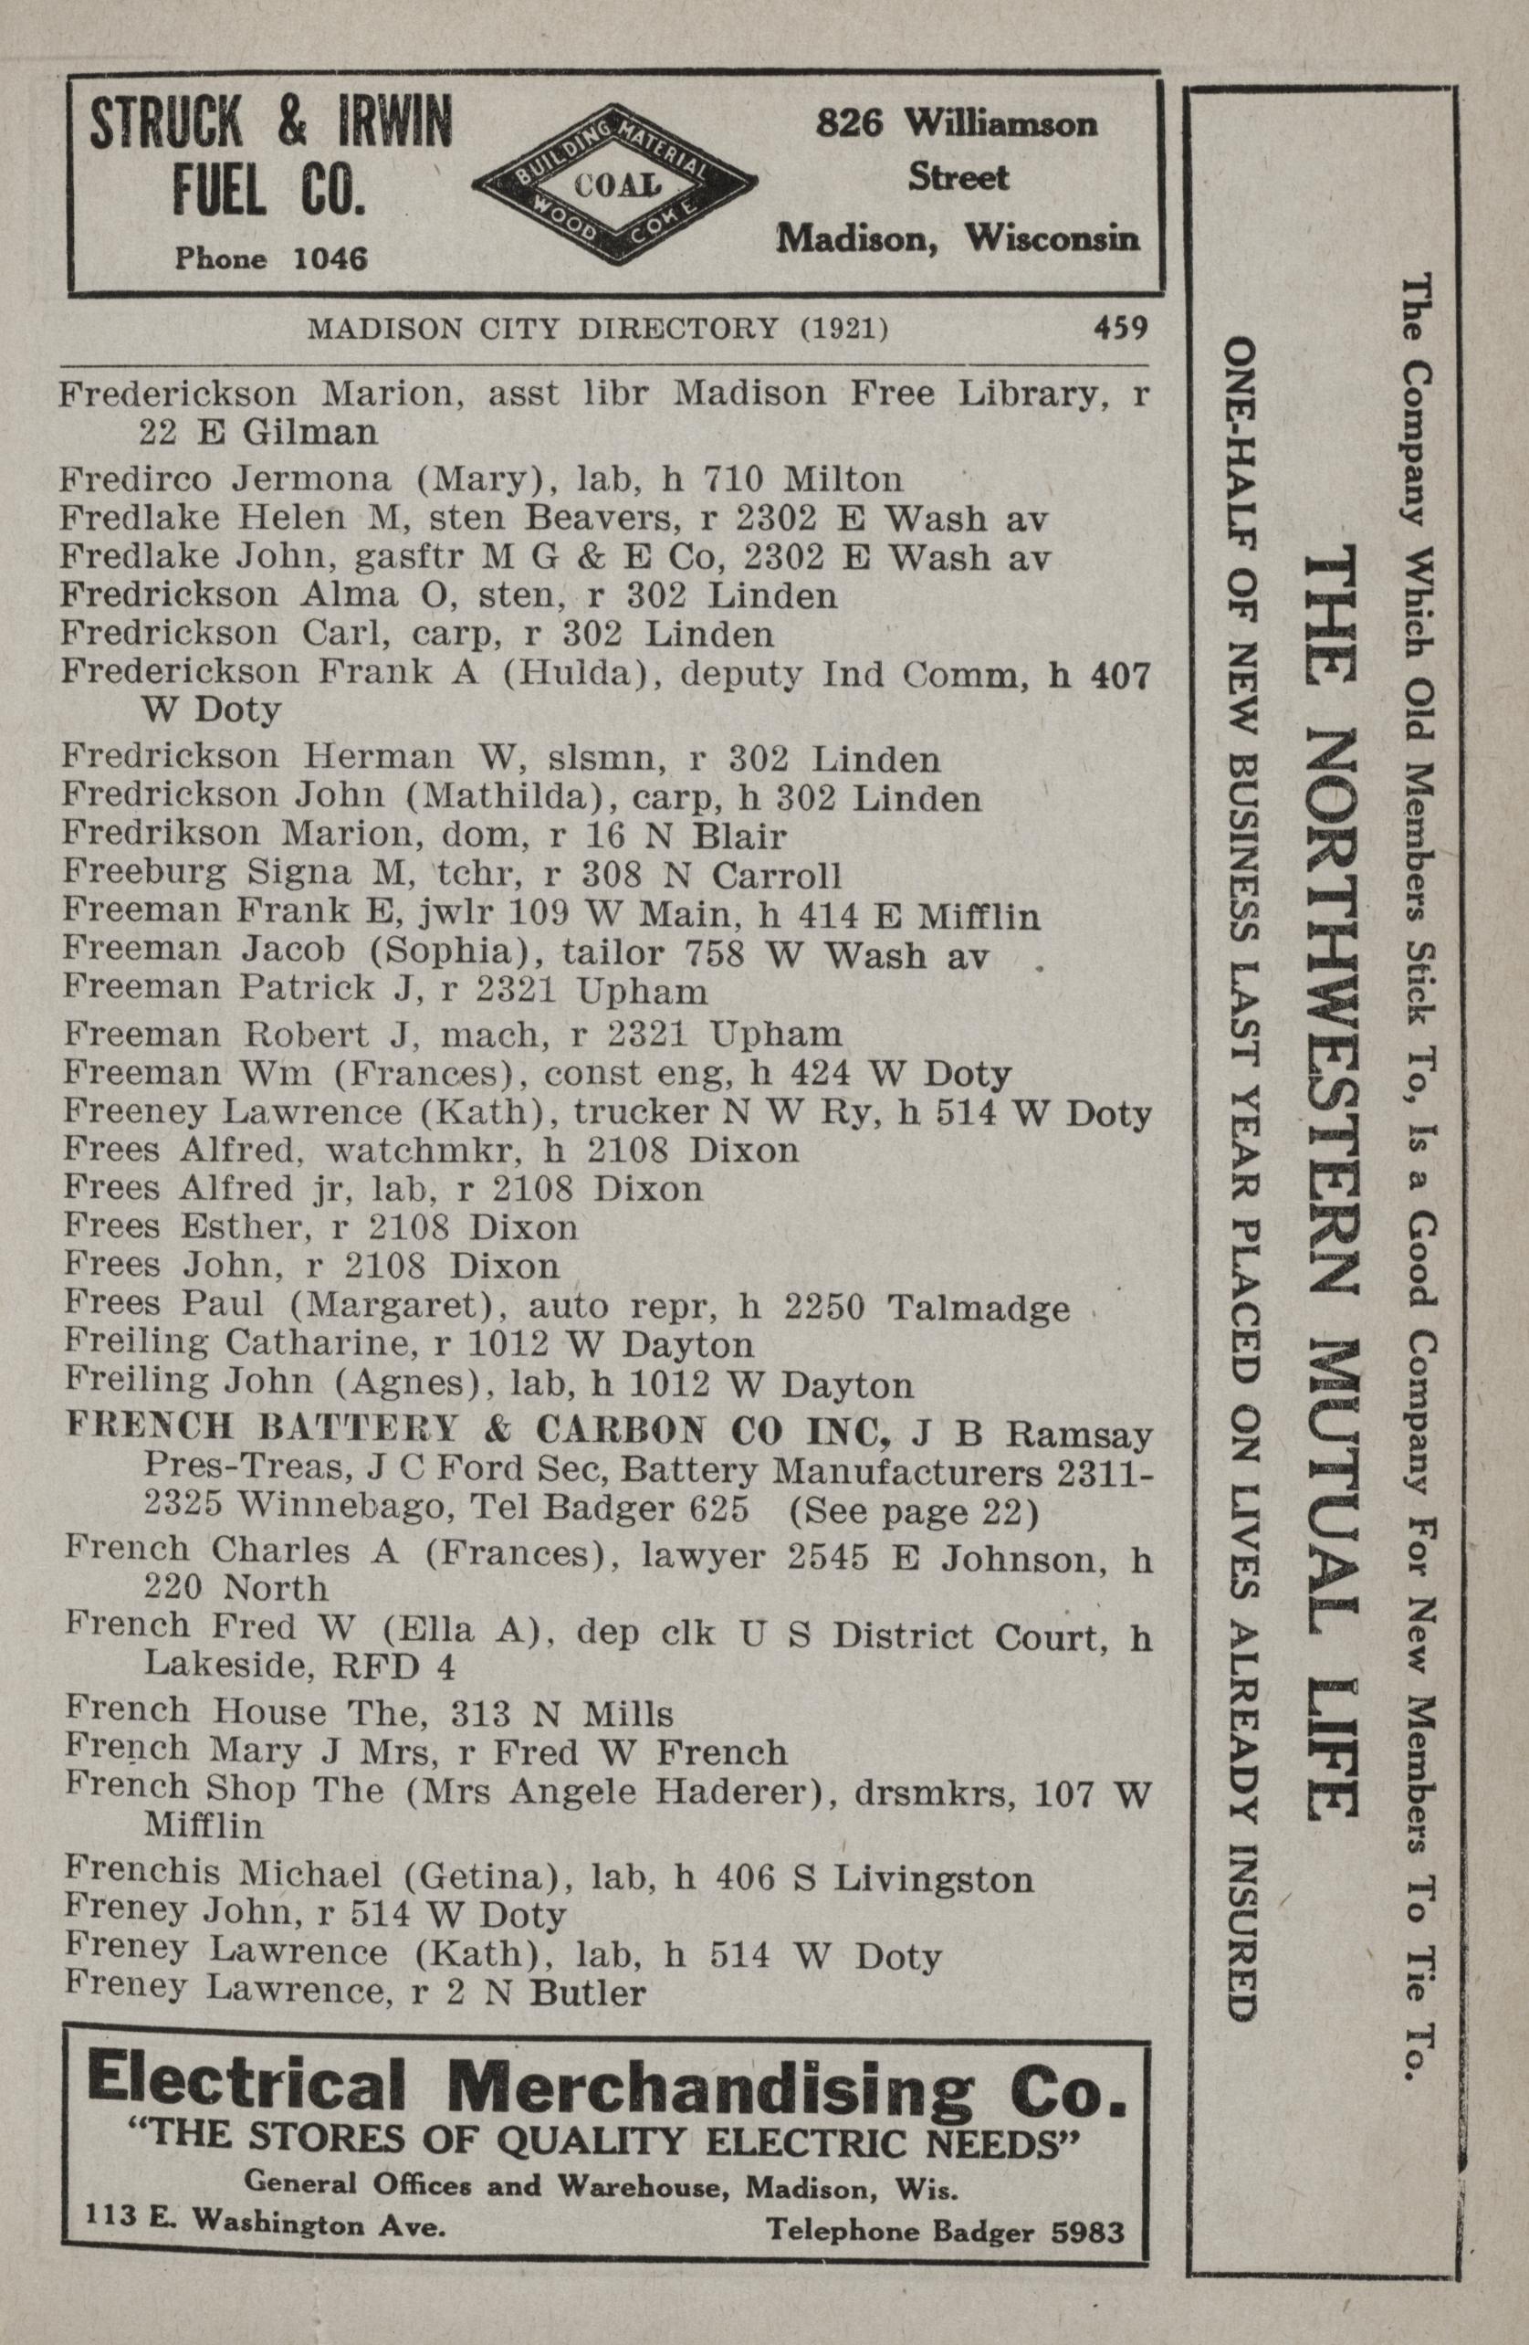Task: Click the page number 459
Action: [x=1120, y=327]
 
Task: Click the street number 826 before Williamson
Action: [x=849, y=123]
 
